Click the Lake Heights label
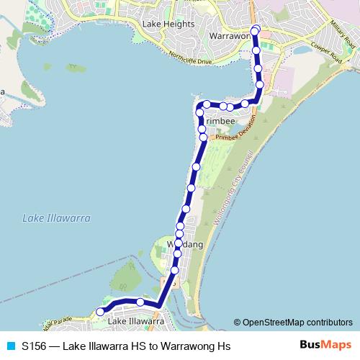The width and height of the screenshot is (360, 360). [168, 24]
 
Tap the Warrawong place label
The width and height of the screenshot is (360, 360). [229, 35]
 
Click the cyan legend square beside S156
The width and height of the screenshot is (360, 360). [10, 346]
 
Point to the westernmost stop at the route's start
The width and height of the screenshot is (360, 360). [100, 312]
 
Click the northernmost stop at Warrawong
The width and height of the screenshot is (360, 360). [256, 30]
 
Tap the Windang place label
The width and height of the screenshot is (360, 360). [186, 246]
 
